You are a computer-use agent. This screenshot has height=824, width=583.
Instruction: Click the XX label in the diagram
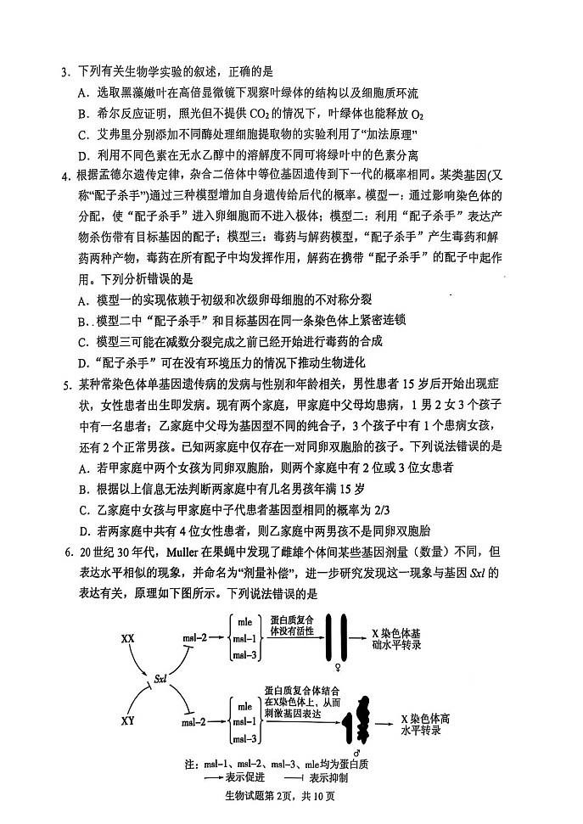click(128, 636)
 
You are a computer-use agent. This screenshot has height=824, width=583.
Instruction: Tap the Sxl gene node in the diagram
click(160, 678)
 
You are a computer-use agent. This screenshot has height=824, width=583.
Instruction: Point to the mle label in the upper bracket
click(245, 622)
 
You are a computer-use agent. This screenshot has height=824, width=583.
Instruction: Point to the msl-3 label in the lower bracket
click(245, 739)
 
